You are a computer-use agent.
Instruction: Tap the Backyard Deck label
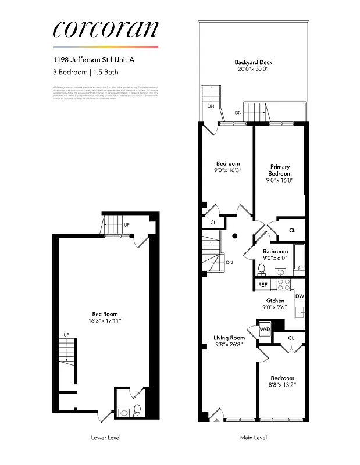coord(253,62)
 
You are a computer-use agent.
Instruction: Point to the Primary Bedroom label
coord(279,170)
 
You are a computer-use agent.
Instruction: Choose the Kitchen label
coord(275,301)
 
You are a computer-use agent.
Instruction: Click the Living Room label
coord(229,337)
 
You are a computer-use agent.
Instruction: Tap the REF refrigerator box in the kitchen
coord(263,285)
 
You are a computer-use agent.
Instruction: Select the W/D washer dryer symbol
coord(265,330)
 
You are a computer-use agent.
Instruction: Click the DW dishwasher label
coord(300,296)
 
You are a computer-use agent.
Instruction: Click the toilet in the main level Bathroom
coord(262,269)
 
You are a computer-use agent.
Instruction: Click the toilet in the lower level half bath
coord(137,410)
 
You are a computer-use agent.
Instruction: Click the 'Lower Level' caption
coord(106,438)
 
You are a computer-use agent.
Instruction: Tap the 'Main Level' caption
coord(254,438)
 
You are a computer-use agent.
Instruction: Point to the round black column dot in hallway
coord(235,236)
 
